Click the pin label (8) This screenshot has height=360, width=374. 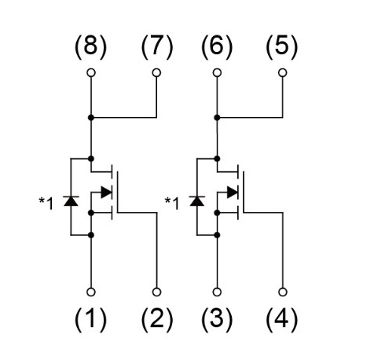90,47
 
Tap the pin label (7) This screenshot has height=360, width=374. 157,47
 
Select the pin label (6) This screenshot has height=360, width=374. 217,47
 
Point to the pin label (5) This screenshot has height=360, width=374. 282,47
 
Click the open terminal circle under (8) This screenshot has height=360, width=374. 91,72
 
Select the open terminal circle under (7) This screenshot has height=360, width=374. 156,72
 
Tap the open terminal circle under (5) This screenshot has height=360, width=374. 282,72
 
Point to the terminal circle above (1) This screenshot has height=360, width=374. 91,292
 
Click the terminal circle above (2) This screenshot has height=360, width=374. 156,292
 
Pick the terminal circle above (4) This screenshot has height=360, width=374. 282,292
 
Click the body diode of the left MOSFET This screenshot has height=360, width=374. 71,200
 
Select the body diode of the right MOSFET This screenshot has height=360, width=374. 197,200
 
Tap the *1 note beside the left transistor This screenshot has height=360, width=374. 46,204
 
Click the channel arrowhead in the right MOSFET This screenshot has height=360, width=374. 233,193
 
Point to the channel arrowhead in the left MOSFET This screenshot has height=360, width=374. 106,193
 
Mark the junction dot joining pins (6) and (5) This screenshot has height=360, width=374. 217,118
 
